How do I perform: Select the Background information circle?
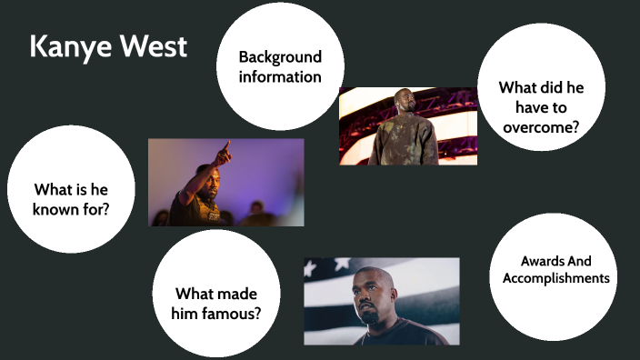pos(279,66)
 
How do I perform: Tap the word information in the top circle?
pos(280,76)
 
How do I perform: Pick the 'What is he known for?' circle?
pos(71,189)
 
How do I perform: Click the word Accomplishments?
pos(555,278)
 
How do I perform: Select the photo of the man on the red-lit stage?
pos(407,125)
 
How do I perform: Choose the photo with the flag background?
pos(381,301)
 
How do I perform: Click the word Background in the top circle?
pos(280,56)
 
